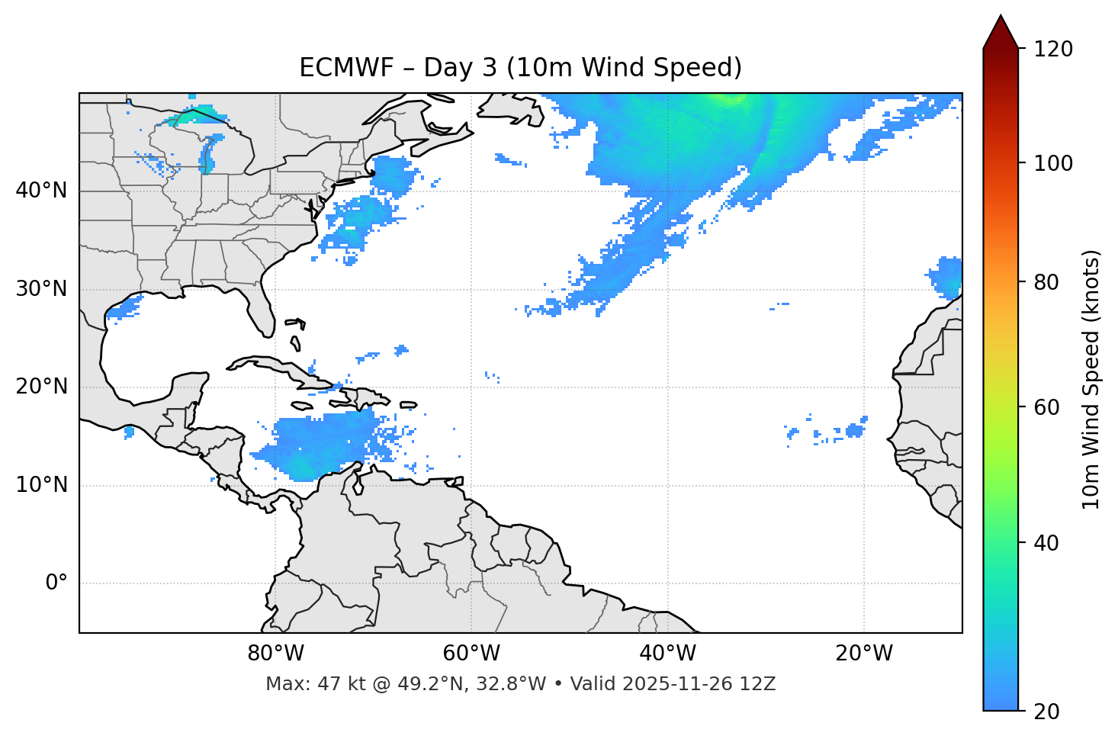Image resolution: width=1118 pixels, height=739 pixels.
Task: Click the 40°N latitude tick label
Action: [x=41, y=191]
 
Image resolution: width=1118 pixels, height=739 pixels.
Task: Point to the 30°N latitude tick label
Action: [x=41, y=289]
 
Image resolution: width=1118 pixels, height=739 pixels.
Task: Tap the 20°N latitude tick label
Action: [x=41, y=387]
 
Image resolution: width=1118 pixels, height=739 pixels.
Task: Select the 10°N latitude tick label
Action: [x=41, y=485]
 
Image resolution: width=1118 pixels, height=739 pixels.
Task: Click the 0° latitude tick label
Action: [x=56, y=583]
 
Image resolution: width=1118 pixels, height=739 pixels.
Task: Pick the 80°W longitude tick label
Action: [x=275, y=654]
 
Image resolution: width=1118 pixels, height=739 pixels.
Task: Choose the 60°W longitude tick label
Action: [x=471, y=654]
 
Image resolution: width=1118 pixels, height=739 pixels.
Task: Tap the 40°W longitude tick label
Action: [x=667, y=654]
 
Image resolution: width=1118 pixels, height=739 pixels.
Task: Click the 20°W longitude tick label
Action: [x=863, y=654]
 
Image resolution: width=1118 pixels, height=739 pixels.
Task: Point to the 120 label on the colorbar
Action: [x=1053, y=50]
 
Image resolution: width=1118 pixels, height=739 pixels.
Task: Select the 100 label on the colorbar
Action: [x=1053, y=163]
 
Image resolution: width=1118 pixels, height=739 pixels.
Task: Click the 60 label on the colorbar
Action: [x=1048, y=407]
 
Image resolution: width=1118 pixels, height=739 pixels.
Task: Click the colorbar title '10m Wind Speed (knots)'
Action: [x=1091, y=380]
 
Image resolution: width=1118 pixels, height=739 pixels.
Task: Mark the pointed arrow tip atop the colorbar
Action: [x=1001, y=17]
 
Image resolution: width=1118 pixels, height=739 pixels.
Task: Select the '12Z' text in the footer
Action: [x=760, y=684]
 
